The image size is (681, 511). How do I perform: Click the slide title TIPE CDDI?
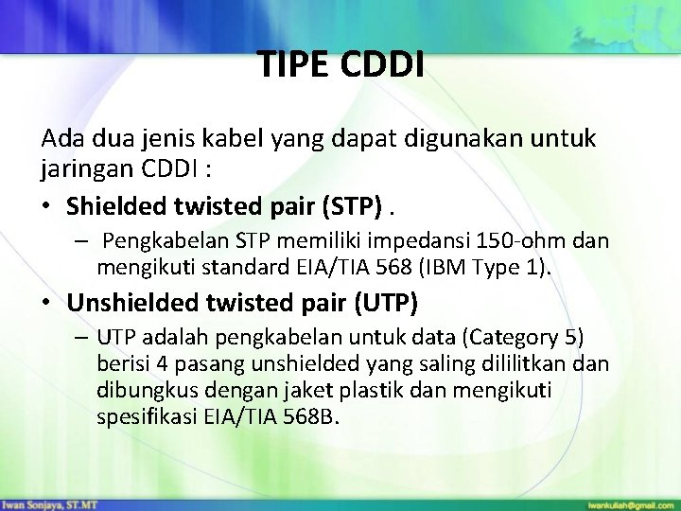[341, 65]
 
